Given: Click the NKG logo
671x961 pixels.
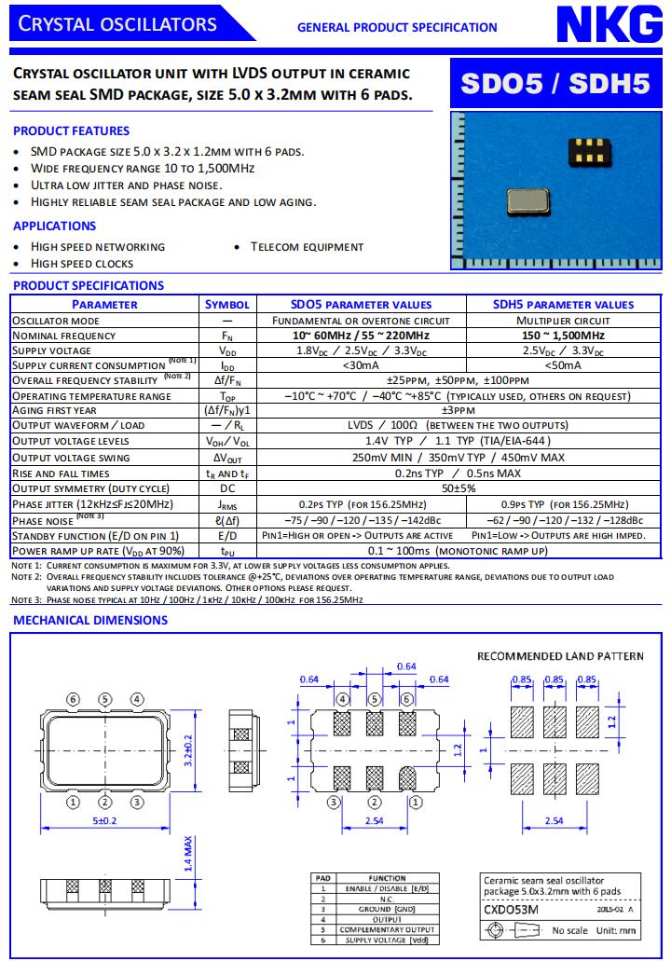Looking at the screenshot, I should point(609,24).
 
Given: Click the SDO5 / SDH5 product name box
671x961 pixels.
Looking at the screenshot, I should point(556,84).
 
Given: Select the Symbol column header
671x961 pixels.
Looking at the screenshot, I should point(227,304).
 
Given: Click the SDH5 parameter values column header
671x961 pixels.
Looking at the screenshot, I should point(563,304).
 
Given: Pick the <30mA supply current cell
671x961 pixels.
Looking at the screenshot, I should point(360,365).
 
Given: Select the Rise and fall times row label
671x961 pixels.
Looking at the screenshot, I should point(61,474).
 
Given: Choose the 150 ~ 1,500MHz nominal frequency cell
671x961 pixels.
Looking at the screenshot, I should point(563,336).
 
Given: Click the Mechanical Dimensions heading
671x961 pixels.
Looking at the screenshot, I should point(90,620).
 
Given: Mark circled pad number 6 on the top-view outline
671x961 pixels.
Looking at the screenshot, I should point(74,699).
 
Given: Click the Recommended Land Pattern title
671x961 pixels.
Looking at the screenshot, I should point(560,656).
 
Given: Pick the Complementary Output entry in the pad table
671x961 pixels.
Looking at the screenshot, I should point(387,929).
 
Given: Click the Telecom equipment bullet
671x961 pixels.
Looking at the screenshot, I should point(307,247).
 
